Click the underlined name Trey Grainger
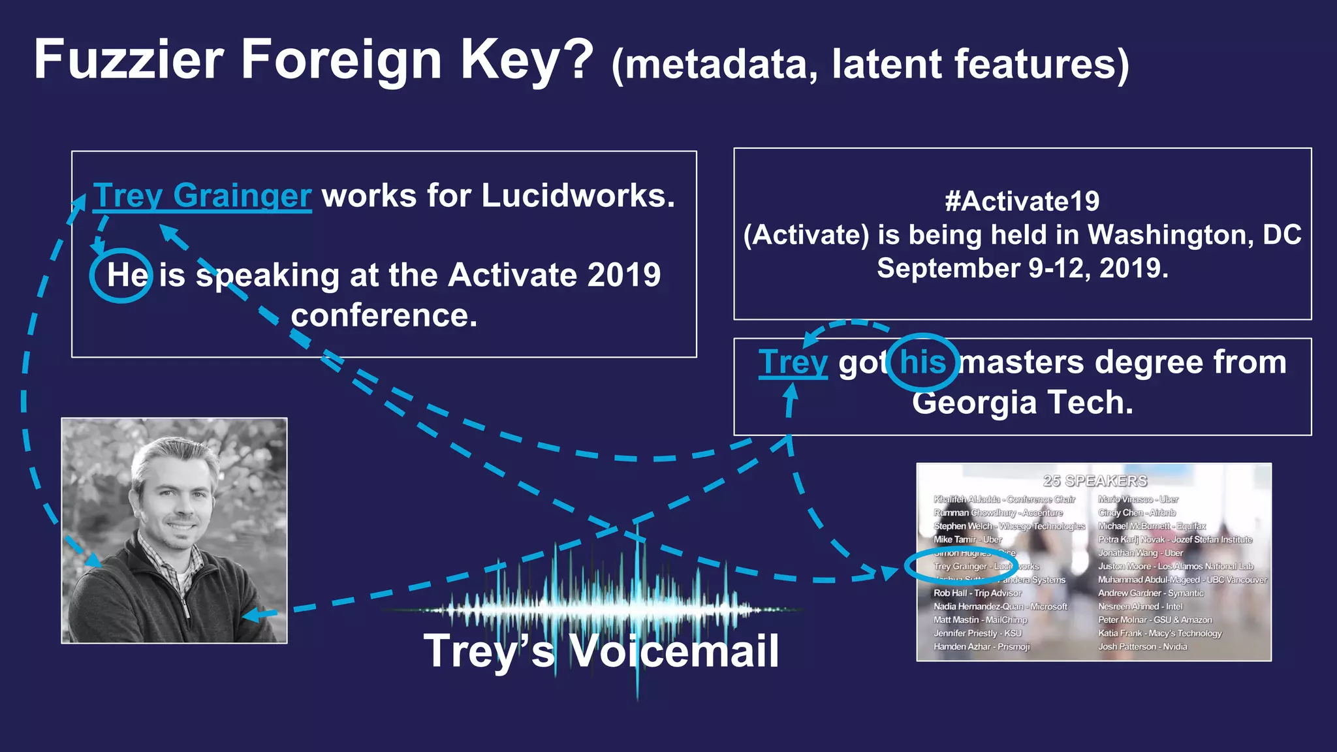[x=202, y=195]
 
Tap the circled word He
[x=127, y=275]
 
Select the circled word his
[x=922, y=362]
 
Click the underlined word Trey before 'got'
[x=793, y=362]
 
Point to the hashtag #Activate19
[x=1022, y=201]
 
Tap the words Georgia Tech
[x=1022, y=402]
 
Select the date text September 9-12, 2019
[x=1022, y=268]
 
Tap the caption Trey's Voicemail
[x=601, y=651]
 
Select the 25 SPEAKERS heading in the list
[x=1095, y=481]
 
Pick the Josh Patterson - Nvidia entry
[x=1142, y=646]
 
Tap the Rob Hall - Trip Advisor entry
[x=977, y=593]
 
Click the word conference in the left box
[x=384, y=315]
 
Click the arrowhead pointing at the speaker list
[x=889, y=572]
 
